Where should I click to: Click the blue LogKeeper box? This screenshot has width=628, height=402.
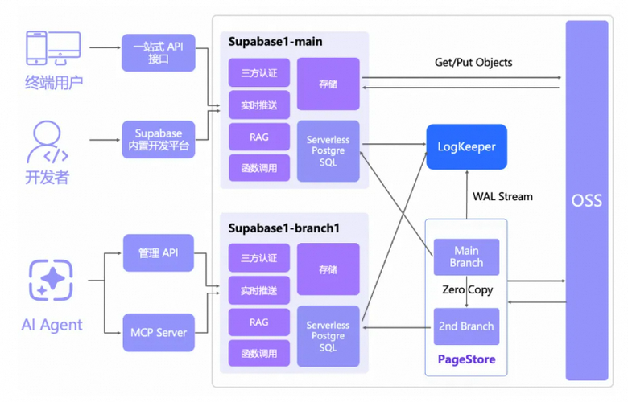pos(466,146)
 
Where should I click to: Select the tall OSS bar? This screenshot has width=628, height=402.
pos(587,200)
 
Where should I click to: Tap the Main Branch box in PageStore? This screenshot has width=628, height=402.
pos(466,256)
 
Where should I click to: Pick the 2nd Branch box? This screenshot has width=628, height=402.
pos(466,326)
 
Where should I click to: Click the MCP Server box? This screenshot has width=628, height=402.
pos(159,332)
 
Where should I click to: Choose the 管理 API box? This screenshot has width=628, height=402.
pos(159,253)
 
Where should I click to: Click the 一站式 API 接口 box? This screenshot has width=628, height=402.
pos(159,53)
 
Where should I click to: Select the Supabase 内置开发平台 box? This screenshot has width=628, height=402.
pos(159,139)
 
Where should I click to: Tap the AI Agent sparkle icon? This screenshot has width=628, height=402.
pos(51,281)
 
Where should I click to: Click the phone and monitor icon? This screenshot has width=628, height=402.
pos(53,50)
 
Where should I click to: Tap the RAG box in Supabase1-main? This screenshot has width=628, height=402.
pos(258,137)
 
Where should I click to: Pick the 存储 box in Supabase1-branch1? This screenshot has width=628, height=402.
pos(328,269)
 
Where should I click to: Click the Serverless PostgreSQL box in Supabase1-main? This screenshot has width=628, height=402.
pos(328,150)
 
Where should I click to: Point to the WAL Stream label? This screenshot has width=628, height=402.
pos(502,196)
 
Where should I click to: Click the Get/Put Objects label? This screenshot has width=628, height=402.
pos(473,62)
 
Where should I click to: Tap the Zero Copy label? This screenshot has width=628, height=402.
pos(467,289)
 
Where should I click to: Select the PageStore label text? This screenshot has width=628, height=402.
pos(466,359)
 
